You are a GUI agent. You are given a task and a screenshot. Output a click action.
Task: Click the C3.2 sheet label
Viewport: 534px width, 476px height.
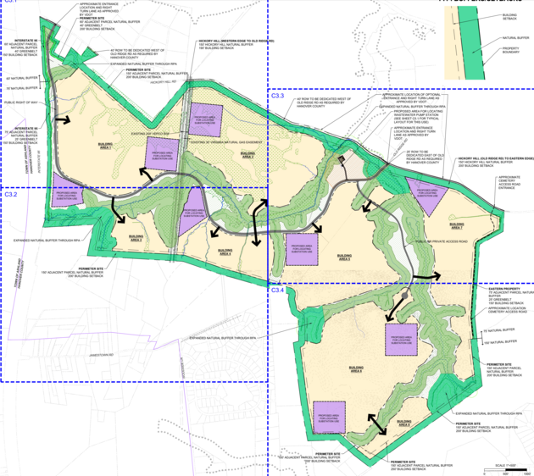coord(10,195)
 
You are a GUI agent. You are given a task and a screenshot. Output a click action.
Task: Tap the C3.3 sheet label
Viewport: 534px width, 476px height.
coord(277,96)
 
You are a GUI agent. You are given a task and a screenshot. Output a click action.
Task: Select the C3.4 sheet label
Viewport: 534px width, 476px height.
coord(277,291)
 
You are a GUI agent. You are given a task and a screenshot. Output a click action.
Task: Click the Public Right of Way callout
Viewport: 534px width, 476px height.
coord(21,101)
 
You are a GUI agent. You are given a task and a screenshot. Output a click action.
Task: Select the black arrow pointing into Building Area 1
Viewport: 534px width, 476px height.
coord(61,120)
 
